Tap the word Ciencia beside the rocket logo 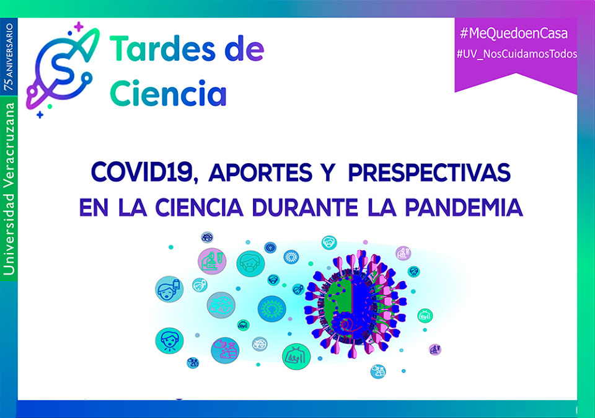coord(168,94)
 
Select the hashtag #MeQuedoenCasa coord(514,33)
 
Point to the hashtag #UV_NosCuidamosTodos coord(516,54)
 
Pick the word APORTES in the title coord(260,173)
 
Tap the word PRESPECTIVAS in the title coord(429,173)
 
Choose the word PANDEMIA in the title coord(464,207)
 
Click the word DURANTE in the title coord(305,207)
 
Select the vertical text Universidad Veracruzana coord(9,189)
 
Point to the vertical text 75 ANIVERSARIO coord(8,57)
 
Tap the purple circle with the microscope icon coord(212,261)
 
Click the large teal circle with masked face coord(250,264)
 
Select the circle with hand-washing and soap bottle coord(225,350)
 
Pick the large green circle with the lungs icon coord(296,356)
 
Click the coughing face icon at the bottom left coord(169,340)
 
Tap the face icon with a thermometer coord(169,289)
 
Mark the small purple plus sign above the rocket coord(79,27)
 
